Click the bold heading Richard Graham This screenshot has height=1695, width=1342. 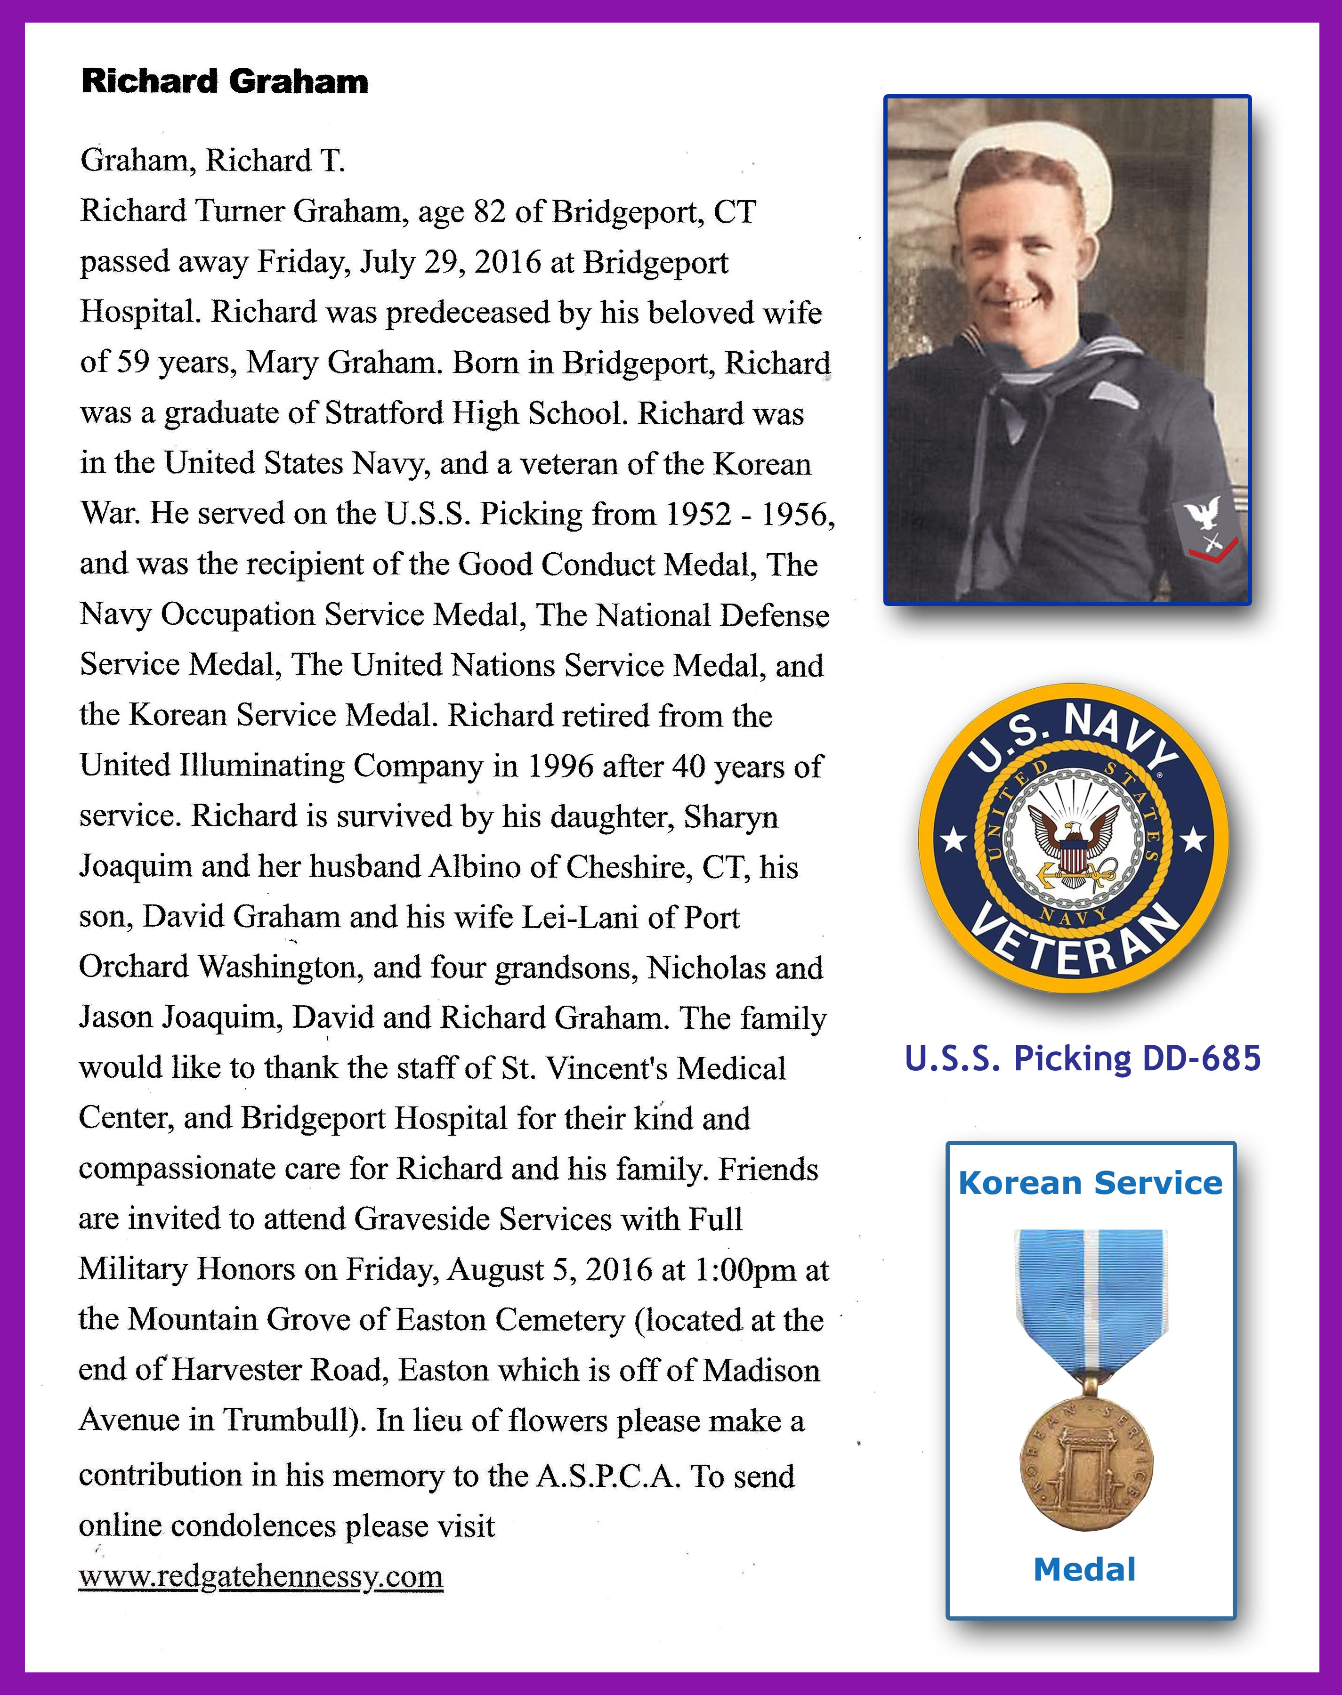click(x=224, y=81)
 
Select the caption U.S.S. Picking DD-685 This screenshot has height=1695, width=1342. click(x=1082, y=1058)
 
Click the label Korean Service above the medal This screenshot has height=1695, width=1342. click(x=1090, y=1183)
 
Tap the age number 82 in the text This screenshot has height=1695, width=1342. click(x=489, y=211)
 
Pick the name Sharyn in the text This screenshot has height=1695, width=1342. click(x=731, y=817)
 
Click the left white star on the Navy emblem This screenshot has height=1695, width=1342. click(x=954, y=841)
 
